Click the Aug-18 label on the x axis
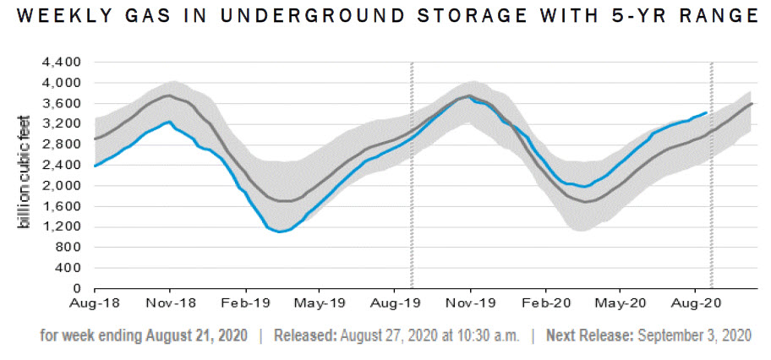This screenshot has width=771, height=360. pyautogui.click(x=96, y=301)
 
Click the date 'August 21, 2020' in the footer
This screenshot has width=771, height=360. pyautogui.click(x=196, y=335)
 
